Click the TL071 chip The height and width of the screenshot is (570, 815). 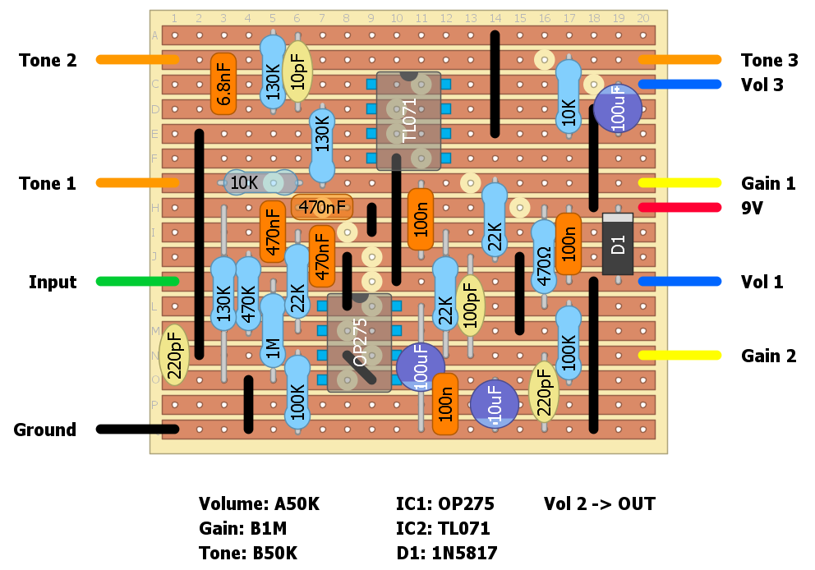pos(408,121)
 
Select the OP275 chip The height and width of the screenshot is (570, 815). pos(359,342)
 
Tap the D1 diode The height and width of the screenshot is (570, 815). pos(618,244)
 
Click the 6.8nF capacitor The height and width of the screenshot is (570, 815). pos(223,84)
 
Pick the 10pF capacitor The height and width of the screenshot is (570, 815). pos(297,72)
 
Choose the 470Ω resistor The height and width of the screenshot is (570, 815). pos(543,256)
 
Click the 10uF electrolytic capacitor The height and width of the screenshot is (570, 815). pos(494,404)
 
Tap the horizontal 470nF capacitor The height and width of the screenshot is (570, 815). pos(322,207)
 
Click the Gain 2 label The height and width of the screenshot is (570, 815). pos(768,356)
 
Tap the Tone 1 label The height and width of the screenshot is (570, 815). pos(48,183)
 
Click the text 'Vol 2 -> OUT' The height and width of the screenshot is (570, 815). pos(600,503)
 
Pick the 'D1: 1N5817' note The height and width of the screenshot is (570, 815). pos(447,553)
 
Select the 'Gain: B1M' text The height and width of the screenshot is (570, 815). pos(243,528)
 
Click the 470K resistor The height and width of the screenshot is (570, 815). pos(248,293)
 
